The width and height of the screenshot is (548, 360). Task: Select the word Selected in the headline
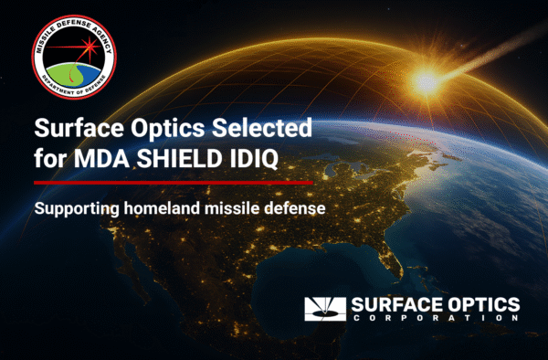click(x=250, y=128)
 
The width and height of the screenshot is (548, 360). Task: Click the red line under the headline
click(x=174, y=182)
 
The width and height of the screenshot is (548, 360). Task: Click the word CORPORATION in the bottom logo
click(x=434, y=320)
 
